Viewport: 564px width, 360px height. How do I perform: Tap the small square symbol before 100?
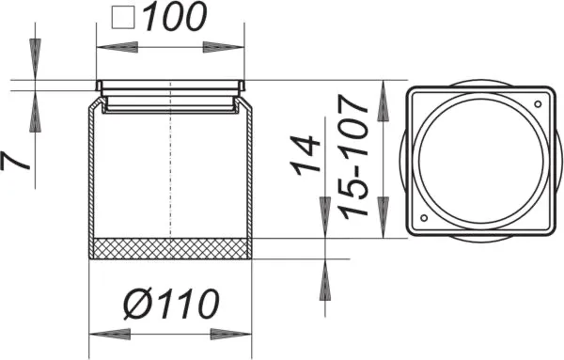point(124,17)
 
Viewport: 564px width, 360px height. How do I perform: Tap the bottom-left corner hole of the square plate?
point(421,221)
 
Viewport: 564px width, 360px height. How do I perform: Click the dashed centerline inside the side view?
point(169,169)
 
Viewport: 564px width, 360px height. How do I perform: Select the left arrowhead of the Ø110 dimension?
point(103,333)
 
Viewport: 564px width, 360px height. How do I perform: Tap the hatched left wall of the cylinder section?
point(92,174)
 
